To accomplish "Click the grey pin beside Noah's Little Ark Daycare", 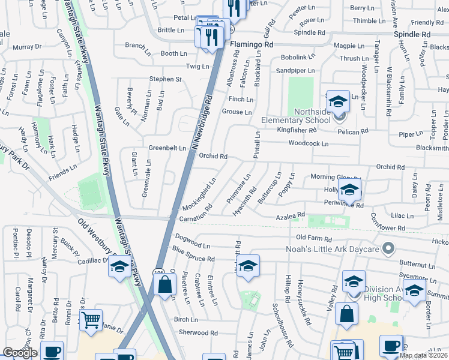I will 389,247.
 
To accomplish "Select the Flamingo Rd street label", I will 252,44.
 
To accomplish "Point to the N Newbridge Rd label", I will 203,122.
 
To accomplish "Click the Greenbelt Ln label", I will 167,148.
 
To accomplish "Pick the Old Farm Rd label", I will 314,238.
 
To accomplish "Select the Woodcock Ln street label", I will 309,144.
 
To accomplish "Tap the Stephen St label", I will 165,79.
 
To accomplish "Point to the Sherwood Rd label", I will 197,332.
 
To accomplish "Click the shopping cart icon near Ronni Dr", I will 91,320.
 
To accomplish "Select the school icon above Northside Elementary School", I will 338,100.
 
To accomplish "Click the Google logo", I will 20,353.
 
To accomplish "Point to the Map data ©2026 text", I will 423,355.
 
